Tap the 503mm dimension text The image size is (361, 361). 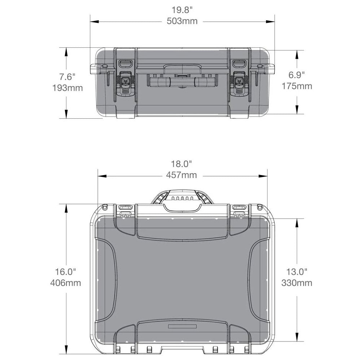182,21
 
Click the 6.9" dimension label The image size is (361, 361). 297,75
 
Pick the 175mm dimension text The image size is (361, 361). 297,86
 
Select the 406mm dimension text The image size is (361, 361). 66,283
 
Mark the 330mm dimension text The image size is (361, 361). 297,283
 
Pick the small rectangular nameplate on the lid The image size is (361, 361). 182,326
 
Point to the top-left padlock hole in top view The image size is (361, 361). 105,207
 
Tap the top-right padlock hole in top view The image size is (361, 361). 260,207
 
